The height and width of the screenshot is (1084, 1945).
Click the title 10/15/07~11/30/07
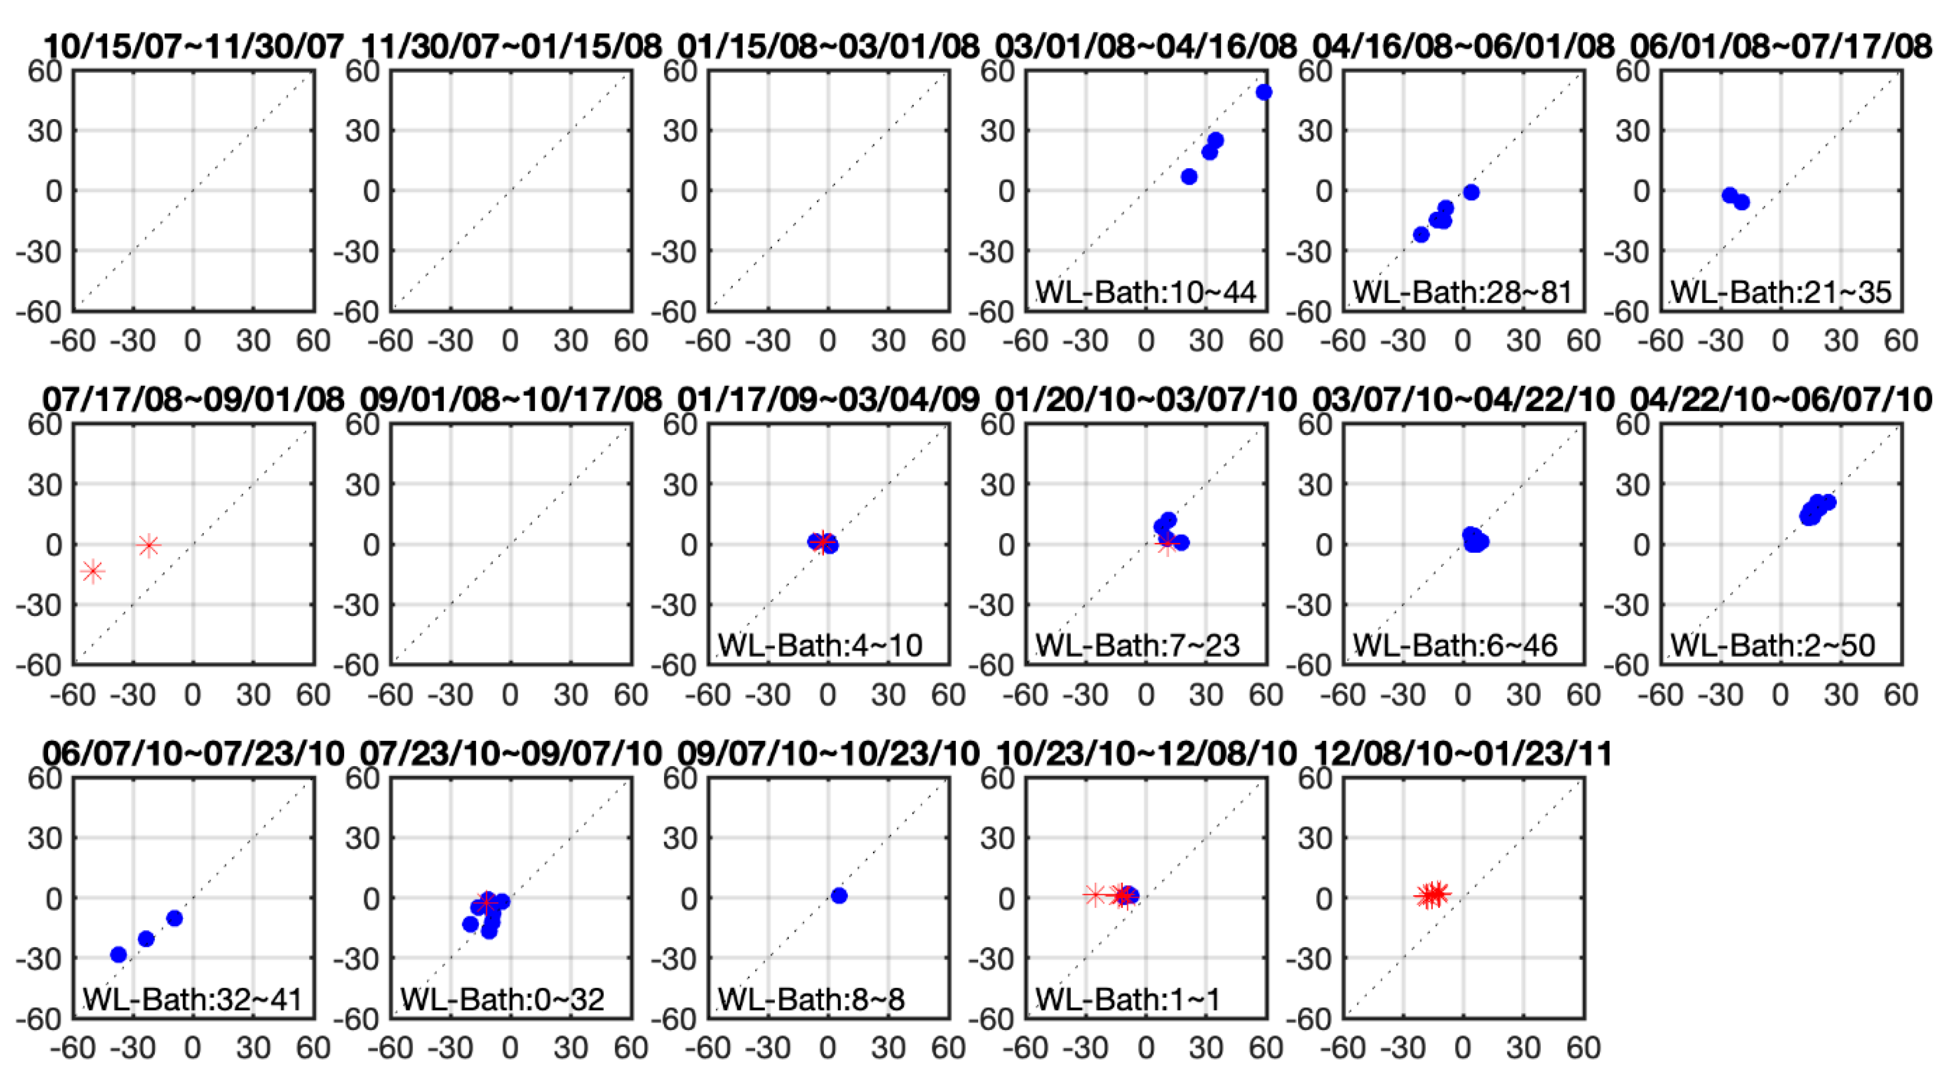(193, 47)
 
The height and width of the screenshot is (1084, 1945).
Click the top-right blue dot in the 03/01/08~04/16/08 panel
(1264, 92)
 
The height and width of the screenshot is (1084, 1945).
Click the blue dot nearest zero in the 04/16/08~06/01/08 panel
(1471, 193)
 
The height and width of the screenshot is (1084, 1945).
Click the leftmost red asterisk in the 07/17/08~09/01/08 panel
(93, 571)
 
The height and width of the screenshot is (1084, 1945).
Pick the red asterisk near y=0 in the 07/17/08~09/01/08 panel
(149, 546)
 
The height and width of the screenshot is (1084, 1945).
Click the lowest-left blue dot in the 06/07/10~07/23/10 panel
(119, 955)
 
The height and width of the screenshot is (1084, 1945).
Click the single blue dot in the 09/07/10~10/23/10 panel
(839, 896)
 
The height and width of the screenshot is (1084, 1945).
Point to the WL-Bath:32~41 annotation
(192, 1000)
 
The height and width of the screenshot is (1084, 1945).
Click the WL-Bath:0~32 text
(502, 1000)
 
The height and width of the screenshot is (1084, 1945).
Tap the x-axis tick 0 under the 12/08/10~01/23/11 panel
(1463, 1048)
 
